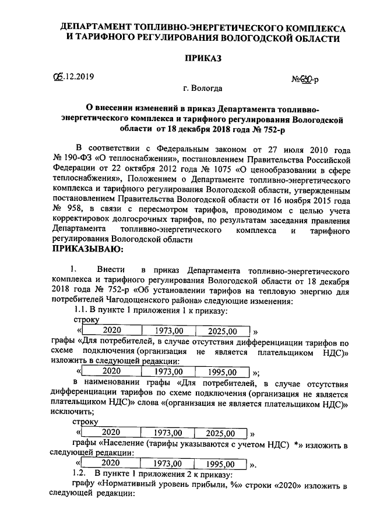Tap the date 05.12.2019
coord(73,76)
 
